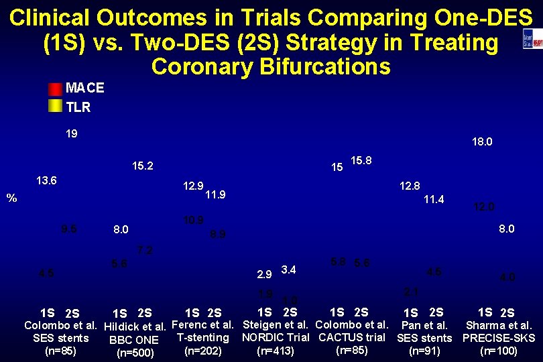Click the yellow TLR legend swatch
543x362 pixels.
point(54,105)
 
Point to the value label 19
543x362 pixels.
point(72,133)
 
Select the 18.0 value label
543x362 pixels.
point(482,142)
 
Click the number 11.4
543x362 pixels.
point(433,199)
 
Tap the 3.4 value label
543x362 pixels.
point(289,269)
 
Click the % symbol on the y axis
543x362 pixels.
point(11,198)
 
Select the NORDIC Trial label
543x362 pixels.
point(275,338)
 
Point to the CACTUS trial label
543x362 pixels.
point(352,337)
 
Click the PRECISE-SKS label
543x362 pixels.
point(499,338)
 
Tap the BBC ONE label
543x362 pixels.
point(134,340)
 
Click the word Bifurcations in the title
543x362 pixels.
point(270,66)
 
